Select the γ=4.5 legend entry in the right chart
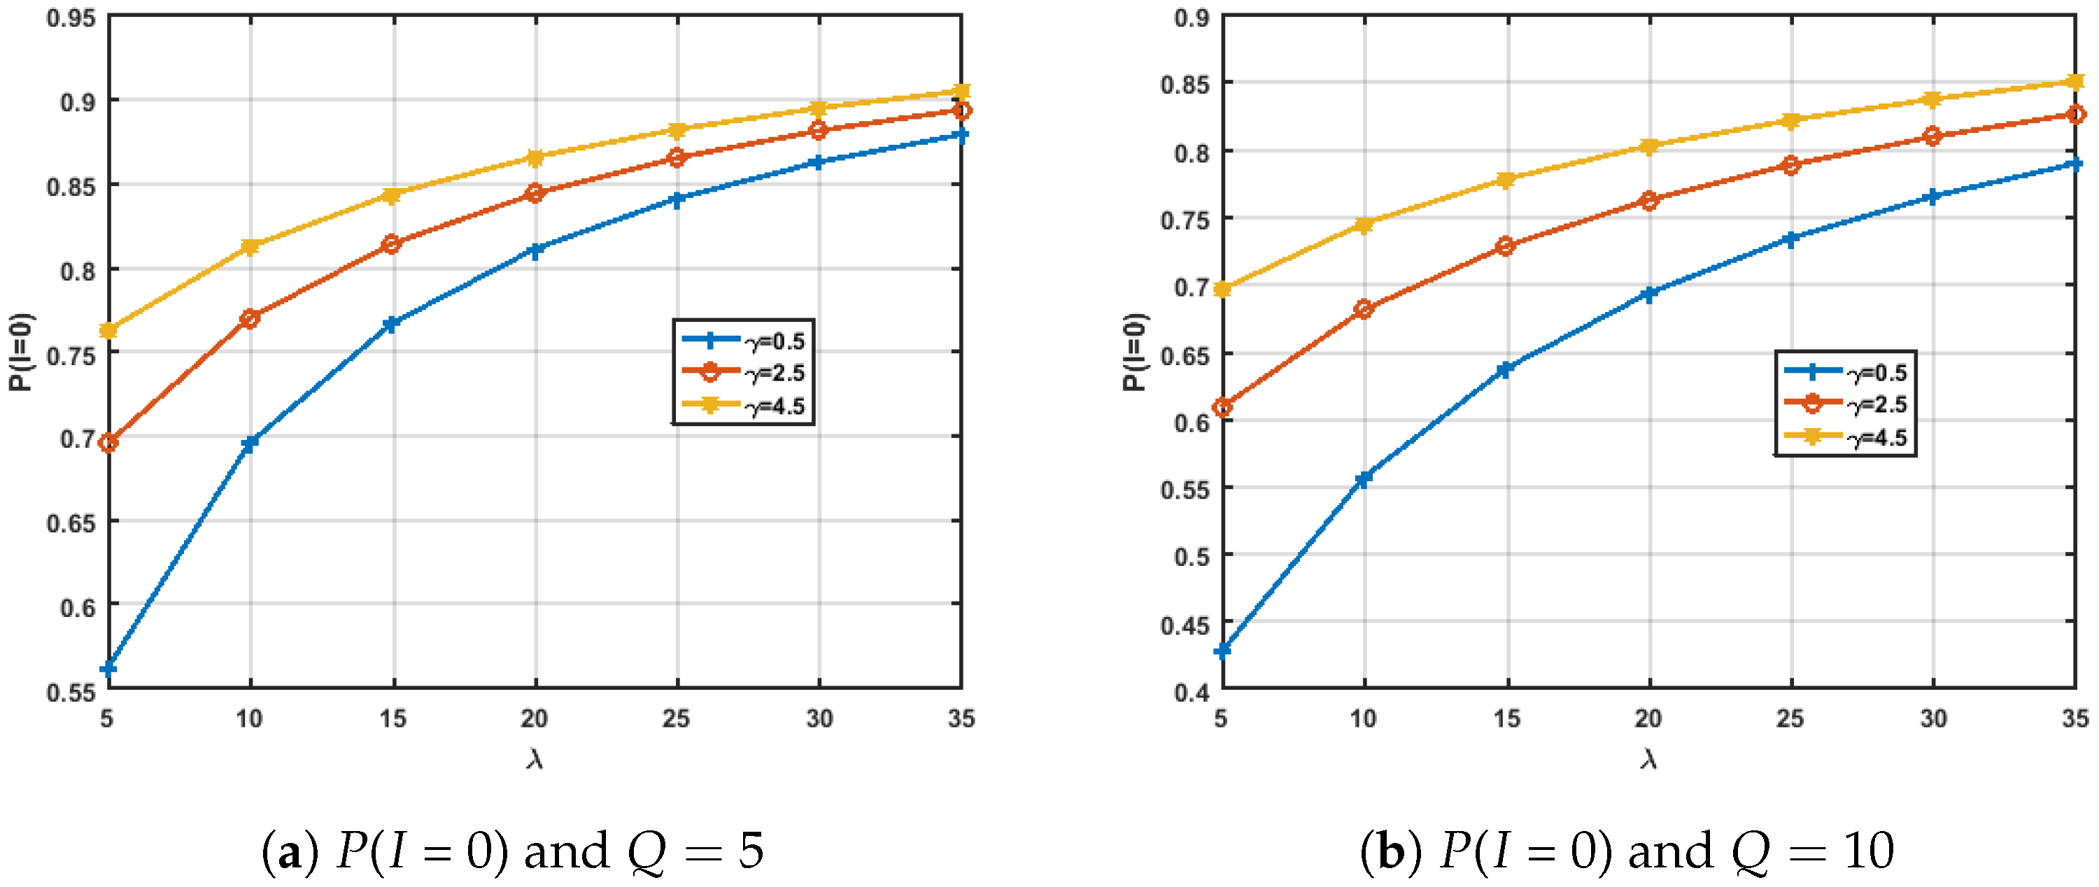click(1877, 438)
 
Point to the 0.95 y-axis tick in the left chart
click(71, 18)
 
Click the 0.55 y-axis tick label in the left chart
click(71, 693)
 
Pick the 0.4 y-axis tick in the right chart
click(1192, 693)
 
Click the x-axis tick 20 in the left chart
click(535, 718)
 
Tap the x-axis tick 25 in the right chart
click(1790, 718)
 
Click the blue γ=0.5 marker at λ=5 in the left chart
click(108, 669)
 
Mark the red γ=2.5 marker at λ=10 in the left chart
click(250, 318)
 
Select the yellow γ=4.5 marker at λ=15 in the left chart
click(392, 195)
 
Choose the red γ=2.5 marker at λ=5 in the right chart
click(1222, 407)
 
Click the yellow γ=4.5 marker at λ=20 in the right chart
click(1649, 147)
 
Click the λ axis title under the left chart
click(535, 759)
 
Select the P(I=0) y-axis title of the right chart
click(1134, 352)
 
